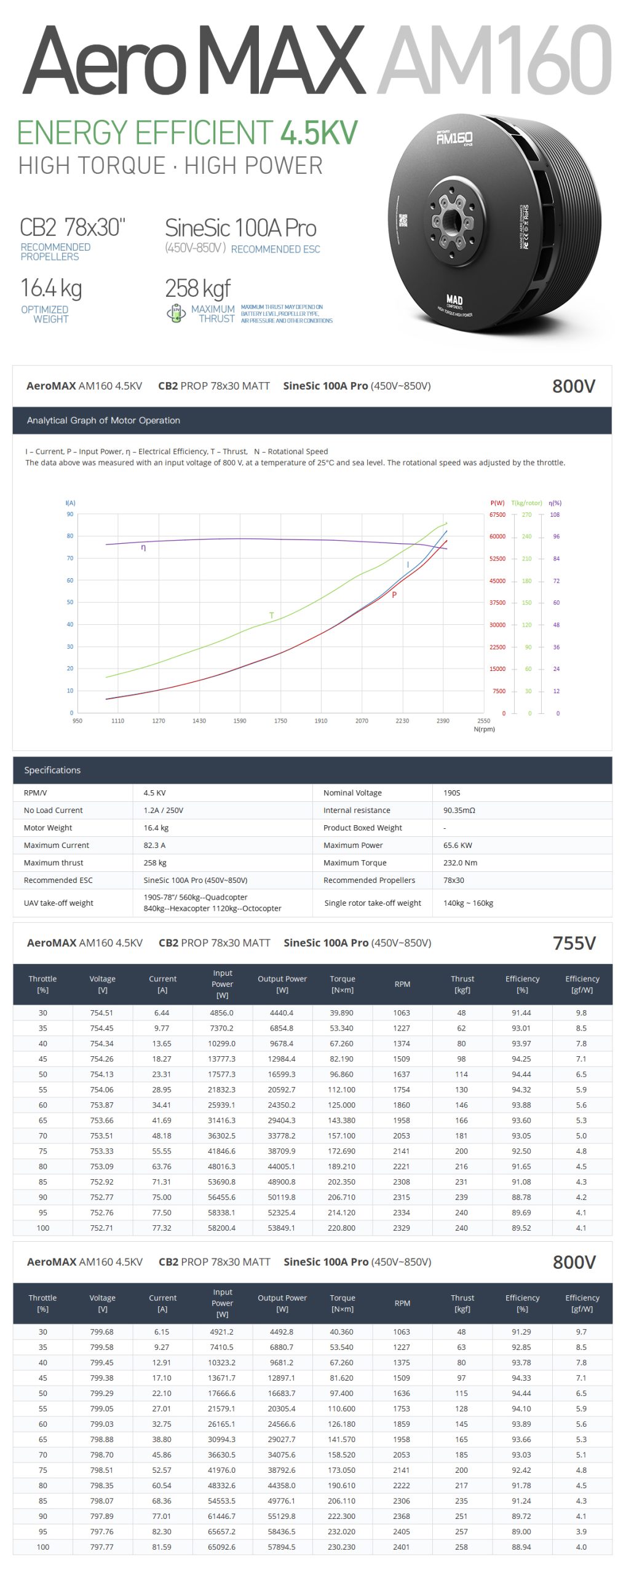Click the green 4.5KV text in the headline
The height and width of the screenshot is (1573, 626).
click(x=319, y=133)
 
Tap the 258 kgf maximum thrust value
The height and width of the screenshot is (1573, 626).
click(x=197, y=288)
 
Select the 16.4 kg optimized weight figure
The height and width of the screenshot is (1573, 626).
click(x=50, y=288)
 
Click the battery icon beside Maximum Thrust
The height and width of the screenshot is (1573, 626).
click(x=176, y=313)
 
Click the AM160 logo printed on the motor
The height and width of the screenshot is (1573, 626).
click(x=454, y=138)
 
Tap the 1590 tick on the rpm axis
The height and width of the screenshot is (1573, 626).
click(x=240, y=721)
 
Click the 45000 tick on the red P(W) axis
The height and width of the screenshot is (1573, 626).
click(x=497, y=581)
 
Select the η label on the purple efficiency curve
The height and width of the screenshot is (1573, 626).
click(x=143, y=547)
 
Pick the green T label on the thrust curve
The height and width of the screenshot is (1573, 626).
click(x=271, y=615)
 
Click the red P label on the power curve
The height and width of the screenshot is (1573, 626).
click(x=394, y=595)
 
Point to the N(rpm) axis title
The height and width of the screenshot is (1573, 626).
click(x=484, y=729)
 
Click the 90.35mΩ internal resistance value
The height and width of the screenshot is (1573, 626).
click(x=459, y=810)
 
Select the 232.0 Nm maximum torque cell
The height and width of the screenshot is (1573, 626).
click(x=460, y=863)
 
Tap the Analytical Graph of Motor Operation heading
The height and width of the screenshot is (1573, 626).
click(x=103, y=420)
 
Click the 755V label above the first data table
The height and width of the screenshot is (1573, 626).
click(x=574, y=943)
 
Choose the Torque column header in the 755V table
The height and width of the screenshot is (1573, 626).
click(x=343, y=984)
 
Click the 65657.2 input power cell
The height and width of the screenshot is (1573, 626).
click(x=221, y=1532)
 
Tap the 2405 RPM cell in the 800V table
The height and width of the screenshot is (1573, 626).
click(x=402, y=1532)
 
